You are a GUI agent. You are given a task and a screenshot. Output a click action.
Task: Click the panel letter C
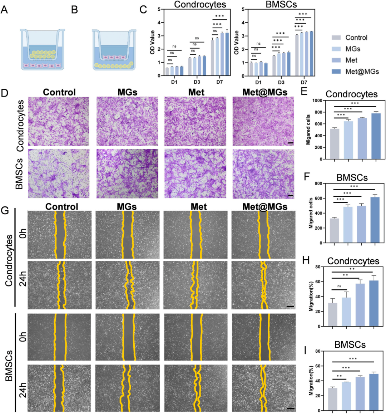coord(143,9)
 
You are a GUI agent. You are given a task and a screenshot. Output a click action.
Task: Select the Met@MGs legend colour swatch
coord(336,72)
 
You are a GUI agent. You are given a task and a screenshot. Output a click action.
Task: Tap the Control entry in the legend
coord(356,38)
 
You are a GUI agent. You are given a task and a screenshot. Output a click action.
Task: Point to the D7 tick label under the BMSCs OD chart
coord(304,82)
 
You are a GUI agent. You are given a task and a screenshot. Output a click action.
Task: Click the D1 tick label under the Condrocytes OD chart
coord(174,82)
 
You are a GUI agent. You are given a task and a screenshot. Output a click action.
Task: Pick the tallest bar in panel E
coord(376,136)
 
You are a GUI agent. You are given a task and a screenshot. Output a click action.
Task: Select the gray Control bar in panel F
coord(334,230)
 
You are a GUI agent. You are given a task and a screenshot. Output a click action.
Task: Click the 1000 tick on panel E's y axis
coord(317,101)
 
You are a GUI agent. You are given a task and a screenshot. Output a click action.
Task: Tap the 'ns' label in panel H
coord(339,287)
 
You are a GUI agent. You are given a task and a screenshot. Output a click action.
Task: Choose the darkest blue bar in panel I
coord(374,392)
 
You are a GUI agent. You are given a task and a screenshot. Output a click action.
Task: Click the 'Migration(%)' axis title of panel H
coord(311,297)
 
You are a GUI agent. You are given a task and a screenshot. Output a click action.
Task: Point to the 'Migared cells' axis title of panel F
coord(311,213)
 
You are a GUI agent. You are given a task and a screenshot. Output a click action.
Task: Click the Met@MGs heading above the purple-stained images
coord(265,92)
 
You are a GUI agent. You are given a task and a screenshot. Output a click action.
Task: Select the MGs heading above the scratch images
coord(127,207)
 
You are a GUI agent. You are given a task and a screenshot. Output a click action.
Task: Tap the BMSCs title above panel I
coord(350,345)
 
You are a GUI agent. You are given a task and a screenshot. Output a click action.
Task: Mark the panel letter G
coord(5,210)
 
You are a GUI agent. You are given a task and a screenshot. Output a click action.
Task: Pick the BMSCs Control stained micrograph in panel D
coord(58,173)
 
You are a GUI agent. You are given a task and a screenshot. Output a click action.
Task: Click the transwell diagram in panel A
coord(43,49)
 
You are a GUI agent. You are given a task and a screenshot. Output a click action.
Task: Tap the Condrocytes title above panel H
coord(353,261)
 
